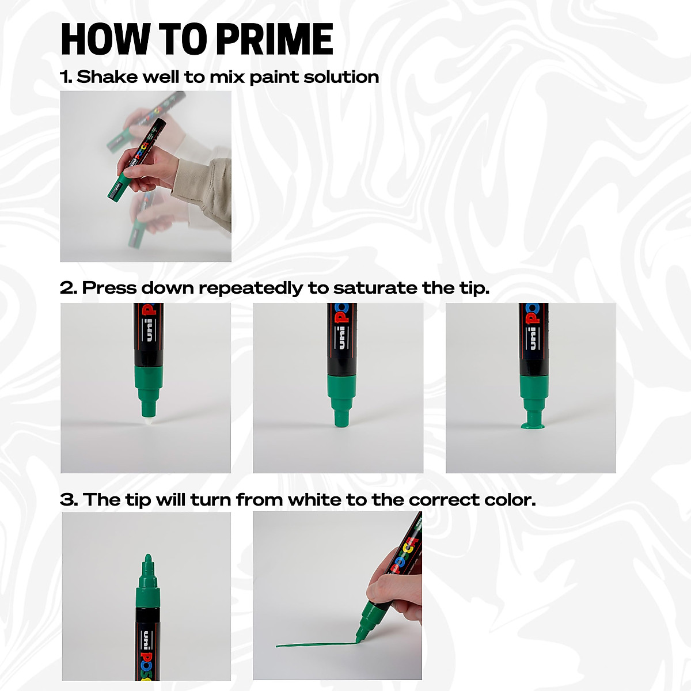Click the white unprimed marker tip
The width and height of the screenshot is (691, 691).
point(146,422)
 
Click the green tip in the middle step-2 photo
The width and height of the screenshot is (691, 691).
point(340,421)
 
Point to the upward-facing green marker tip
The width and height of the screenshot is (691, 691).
point(147,562)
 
